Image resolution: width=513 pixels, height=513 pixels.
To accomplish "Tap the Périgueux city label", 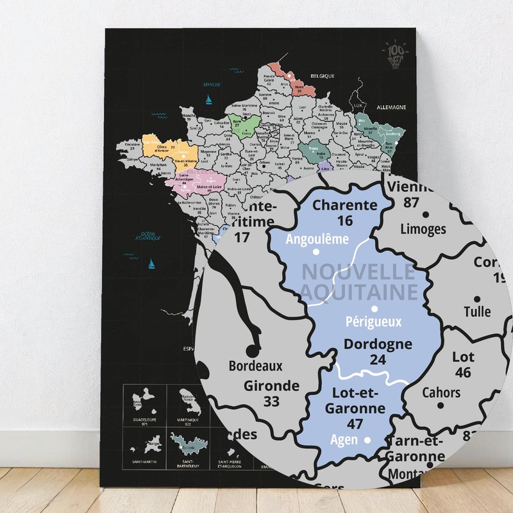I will pyautogui.click(x=373, y=322).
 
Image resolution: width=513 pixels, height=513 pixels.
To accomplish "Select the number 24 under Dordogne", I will pyautogui.click(x=378, y=360).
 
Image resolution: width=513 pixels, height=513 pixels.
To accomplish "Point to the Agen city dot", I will pyautogui.click(x=367, y=441).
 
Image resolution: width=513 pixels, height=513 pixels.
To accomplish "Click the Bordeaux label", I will pyautogui.click(x=256, y=366).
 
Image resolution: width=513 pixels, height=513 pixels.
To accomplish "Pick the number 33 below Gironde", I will pyautogui.click(x=271, y=401).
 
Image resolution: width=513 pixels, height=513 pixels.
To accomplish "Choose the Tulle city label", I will pyautogui.click(x=476, y=312).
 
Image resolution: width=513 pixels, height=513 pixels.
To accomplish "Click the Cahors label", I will pyautogui.click(x=441, y=392).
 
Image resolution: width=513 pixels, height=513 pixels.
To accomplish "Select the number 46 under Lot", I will pyautogui.click(x=463, y=373).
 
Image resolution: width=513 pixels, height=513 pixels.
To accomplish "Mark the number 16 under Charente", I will pyautogui.click(x=346, y=221).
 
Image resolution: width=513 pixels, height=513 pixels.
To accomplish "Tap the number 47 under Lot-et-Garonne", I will pyautogui.click(x=354, y=423).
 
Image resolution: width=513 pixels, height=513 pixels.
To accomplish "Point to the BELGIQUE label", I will pyautogui.click(x=323, y=76).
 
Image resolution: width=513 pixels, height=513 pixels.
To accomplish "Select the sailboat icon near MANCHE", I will pyautogui.click(x=208, y=99).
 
